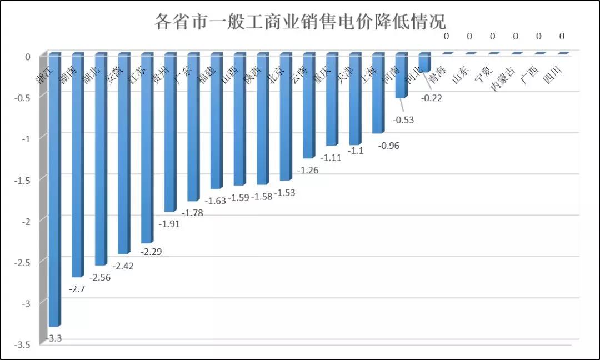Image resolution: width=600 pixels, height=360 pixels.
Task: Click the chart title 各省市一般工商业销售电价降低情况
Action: pos(300,22)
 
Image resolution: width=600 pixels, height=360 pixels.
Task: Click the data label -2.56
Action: pos(99,277)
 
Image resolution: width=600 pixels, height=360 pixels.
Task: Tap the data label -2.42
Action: pos(123,266)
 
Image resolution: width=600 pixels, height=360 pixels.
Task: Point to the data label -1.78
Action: pos(192,213)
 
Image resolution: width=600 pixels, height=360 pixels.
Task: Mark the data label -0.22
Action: pos(432,98)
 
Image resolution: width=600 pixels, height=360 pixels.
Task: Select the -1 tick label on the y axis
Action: pos(26,138)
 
